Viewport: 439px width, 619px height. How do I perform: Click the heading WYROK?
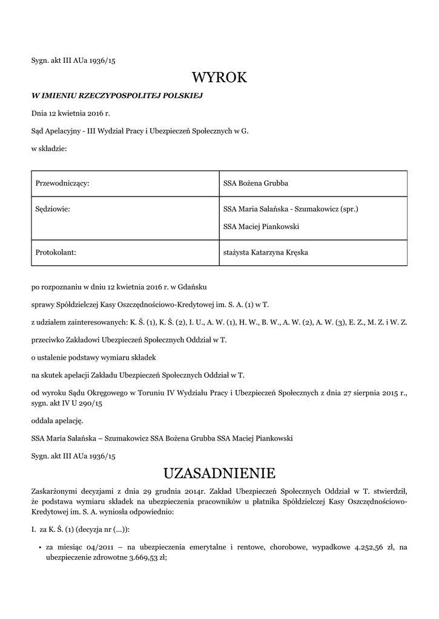pos(219,77)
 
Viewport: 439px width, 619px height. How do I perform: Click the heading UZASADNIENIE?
pos(219,472)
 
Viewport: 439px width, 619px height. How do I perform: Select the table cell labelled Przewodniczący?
pos(62,183)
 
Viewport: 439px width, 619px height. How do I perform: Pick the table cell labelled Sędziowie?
pos(53,209)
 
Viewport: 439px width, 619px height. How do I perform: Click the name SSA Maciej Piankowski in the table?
pos(261,227)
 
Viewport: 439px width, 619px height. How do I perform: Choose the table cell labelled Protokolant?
pos(56,252)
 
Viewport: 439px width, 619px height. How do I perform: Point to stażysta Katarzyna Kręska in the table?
pos(265,252)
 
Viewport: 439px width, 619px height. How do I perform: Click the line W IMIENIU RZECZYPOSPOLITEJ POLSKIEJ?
pos(117,96)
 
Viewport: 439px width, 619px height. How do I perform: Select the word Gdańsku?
pos(196,286)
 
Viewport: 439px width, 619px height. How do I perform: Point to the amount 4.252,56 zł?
pos(372,547)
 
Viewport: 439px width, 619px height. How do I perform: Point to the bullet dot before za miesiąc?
pos(39,548)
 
